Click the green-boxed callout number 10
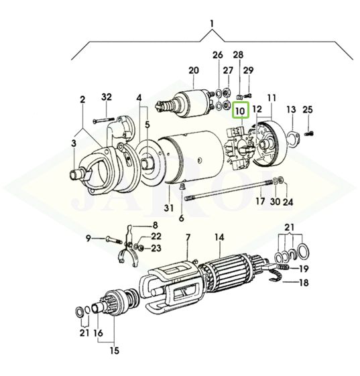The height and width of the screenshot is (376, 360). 240,111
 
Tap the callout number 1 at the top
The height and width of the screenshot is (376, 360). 212,24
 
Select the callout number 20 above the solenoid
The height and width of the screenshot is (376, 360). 194,70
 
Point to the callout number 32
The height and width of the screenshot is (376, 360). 107,97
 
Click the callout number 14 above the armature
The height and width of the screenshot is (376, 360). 219,237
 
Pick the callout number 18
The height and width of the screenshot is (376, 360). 304,282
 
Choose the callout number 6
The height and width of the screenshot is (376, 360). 182,218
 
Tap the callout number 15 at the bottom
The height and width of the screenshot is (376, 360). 115,351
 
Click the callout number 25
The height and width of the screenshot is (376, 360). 308,110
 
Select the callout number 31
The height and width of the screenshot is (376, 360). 169,208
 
